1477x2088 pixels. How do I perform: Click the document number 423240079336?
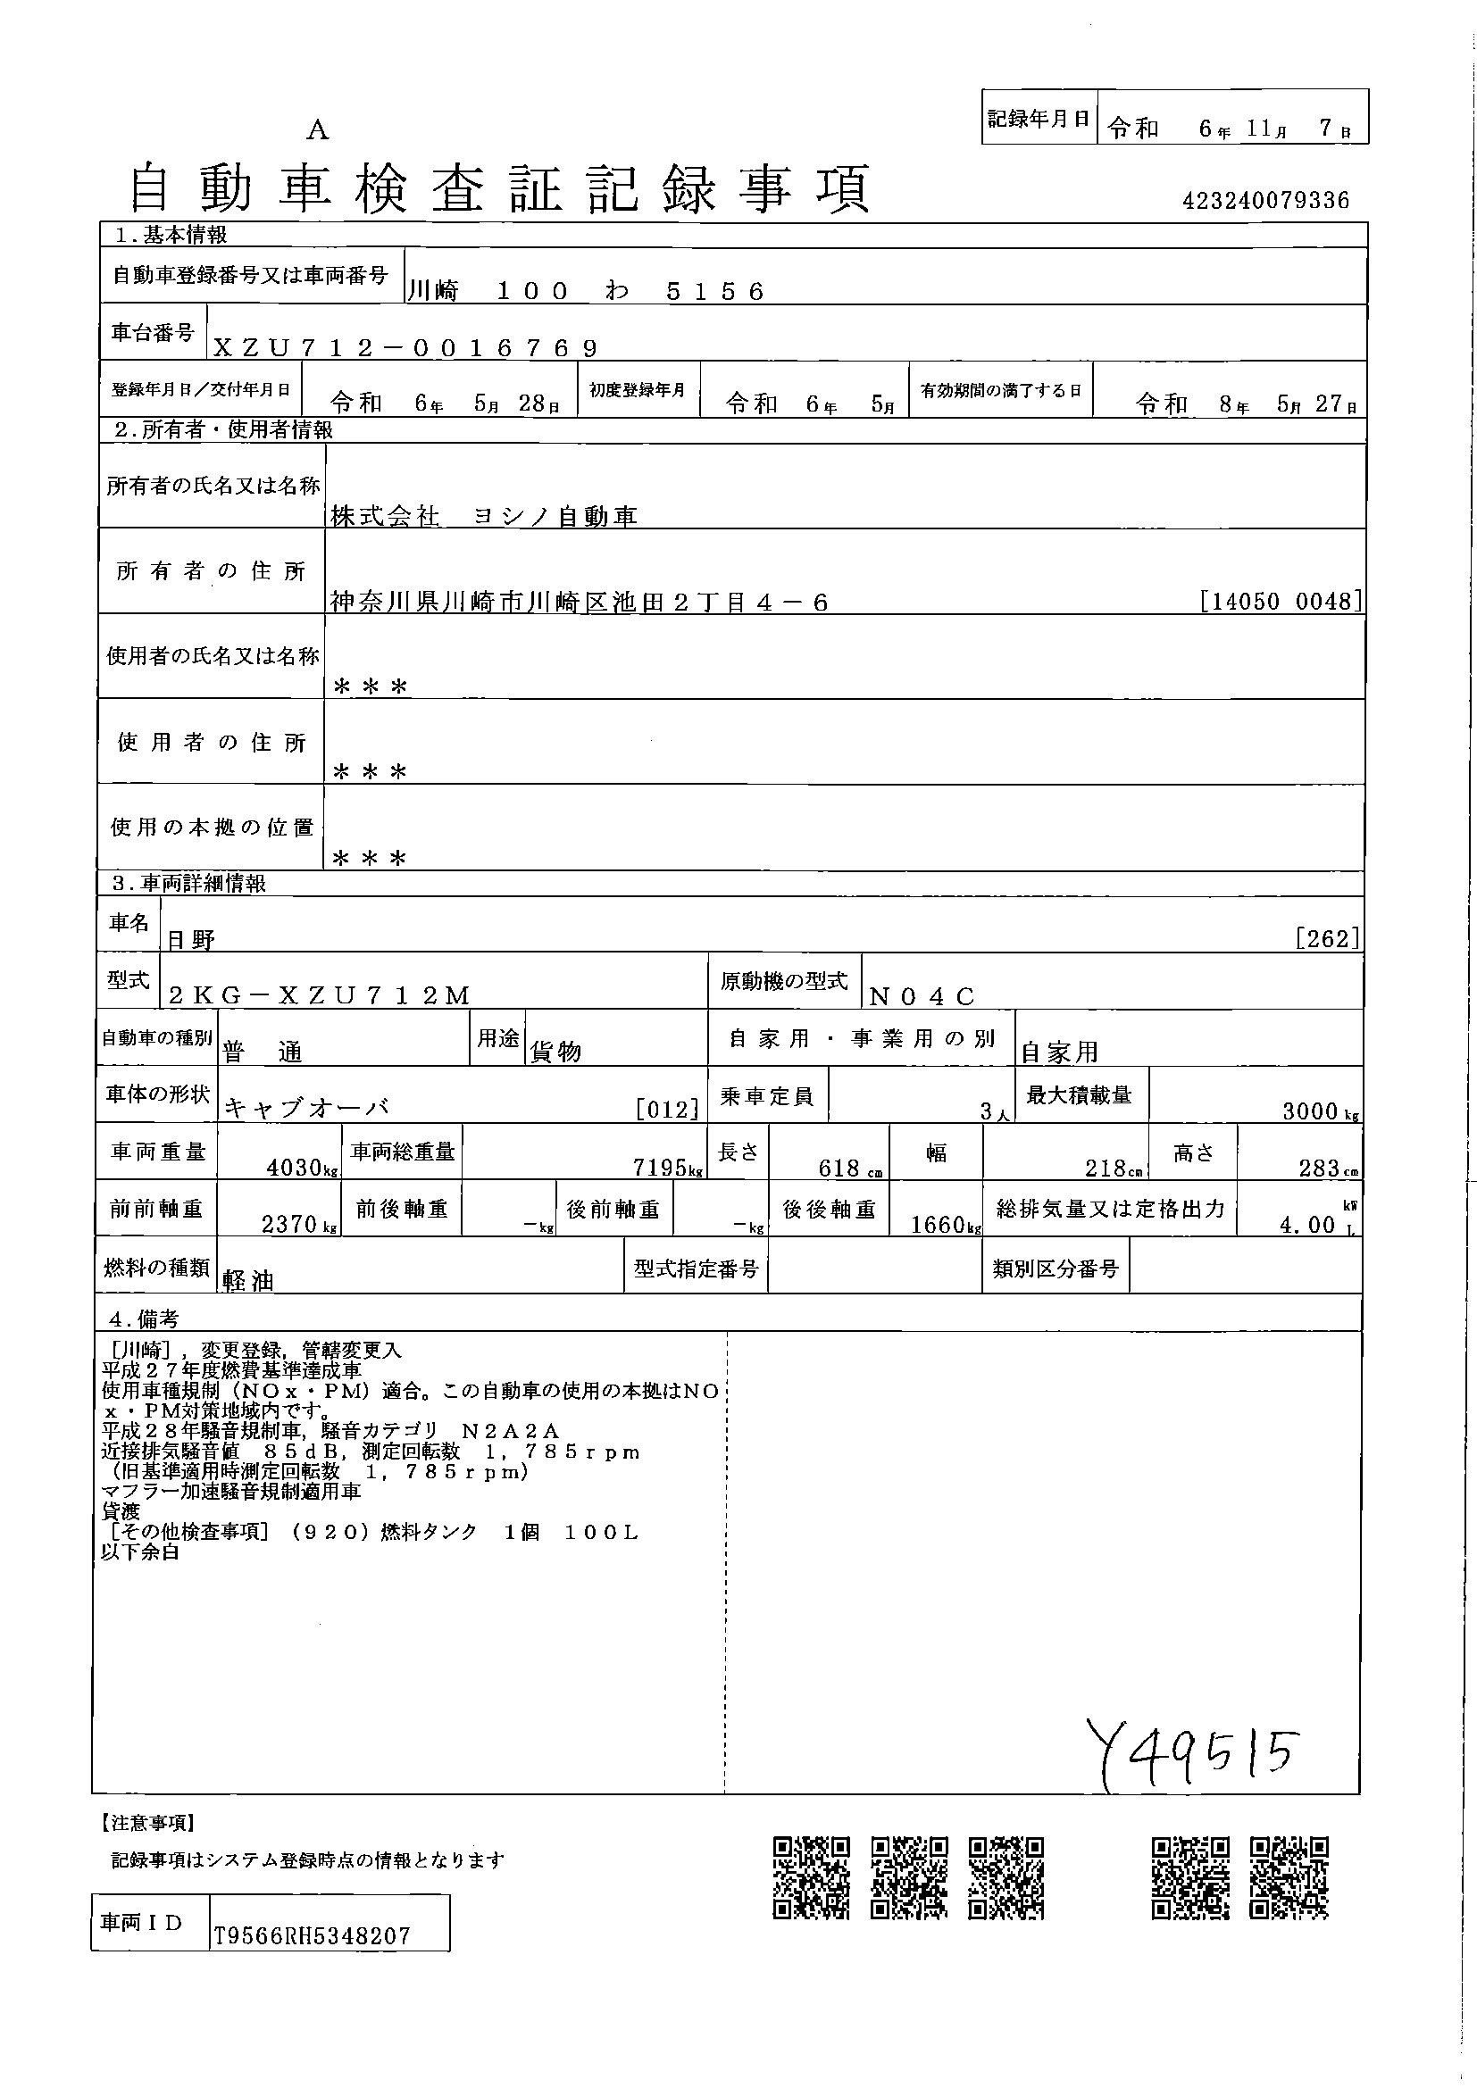(x=1265, y=201)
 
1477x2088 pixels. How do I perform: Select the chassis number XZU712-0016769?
(x=405, y=347)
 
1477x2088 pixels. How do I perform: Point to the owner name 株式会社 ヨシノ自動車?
(x=484, y=517)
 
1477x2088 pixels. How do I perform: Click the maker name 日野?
(x=191, y=939)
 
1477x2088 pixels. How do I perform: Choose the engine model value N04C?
(x=922, y=997)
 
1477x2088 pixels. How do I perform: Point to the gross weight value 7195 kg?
(x=668, y=1168)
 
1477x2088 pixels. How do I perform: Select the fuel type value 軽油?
(x=247, y=1279)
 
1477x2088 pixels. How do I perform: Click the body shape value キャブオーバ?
(x=306, y=1109)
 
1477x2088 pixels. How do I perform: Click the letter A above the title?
(x=316, y=131)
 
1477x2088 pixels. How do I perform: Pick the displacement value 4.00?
(x=1307, y=1225)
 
